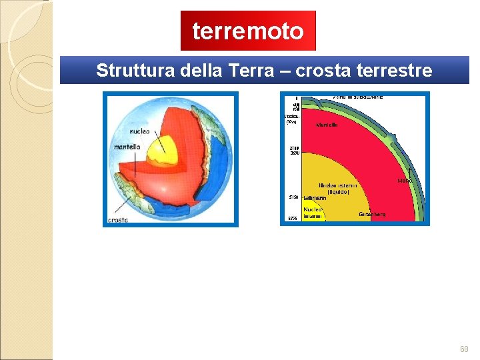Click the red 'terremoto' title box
coord(248,31)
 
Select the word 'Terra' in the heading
coord(249,71)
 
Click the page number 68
coord(464,349)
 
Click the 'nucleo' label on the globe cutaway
coord(139,131)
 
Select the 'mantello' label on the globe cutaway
coord(127,147)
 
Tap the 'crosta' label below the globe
coord(118,220)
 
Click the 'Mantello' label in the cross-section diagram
coord(327,125)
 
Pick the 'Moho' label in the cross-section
coord(405,181)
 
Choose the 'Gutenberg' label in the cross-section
coord(372,215)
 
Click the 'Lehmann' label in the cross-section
coord(315,198)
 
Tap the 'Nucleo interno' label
coord(313,213)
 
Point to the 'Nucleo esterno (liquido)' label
coord(339,189)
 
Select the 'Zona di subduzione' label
coord(358,97)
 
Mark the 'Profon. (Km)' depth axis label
coord(291,119)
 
